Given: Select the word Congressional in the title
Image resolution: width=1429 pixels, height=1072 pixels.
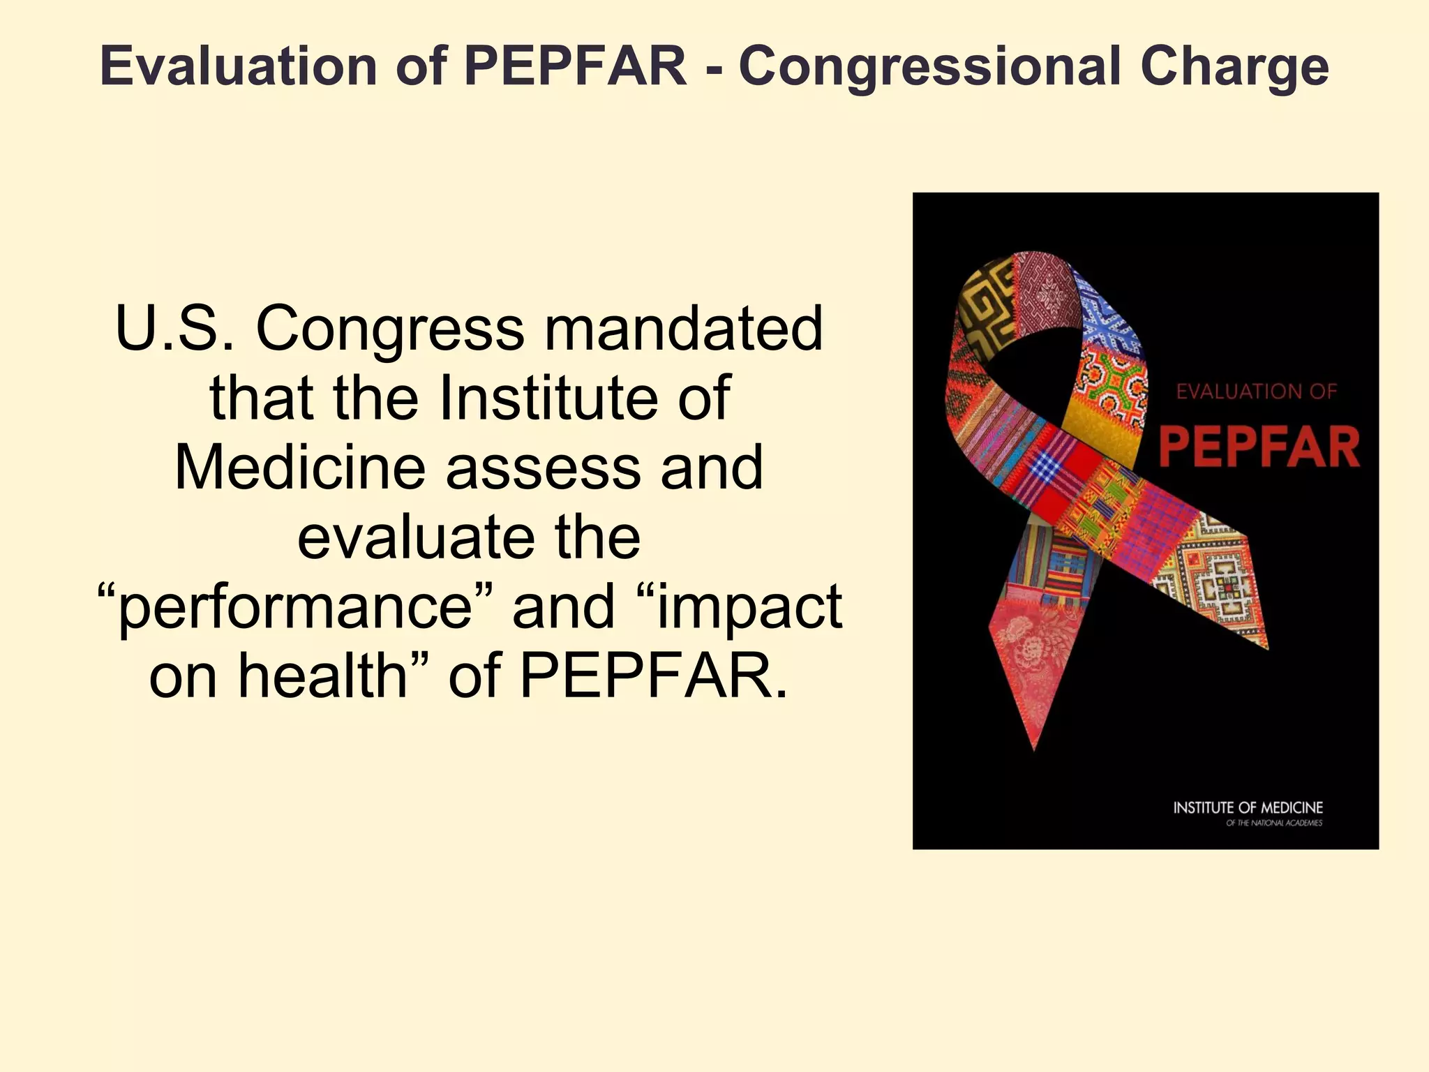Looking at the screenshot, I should [x=928, y=66].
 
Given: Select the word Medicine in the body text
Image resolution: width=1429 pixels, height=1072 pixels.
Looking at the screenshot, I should [x=300, y=468].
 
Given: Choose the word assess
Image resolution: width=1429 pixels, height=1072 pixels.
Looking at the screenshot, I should [x=544, y=468].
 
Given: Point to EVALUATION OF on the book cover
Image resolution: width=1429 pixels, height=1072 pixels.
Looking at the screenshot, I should [x=1256, y=392].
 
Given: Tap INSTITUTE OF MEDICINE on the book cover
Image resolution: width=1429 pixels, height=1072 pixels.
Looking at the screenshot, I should [x=1248, y=807].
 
